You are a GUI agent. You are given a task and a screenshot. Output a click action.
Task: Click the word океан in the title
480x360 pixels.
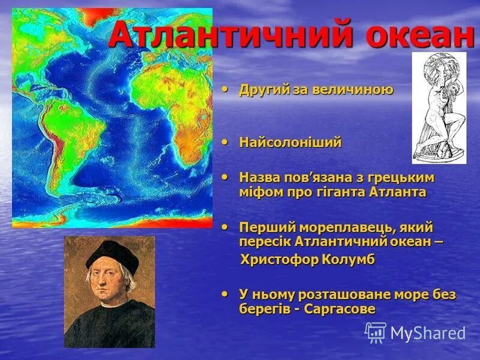pyautogui.click(x=420, y=35)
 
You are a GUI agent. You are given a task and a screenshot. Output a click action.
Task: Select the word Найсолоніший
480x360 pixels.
pyautogui.click(x=290, y=143)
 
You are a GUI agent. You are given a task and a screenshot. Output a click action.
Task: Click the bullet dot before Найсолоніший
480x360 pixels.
pyautogui.click(x=225, y=142)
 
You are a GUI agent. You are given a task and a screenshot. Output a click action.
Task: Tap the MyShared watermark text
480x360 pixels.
pyautogui.click(x=428, y=334)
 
